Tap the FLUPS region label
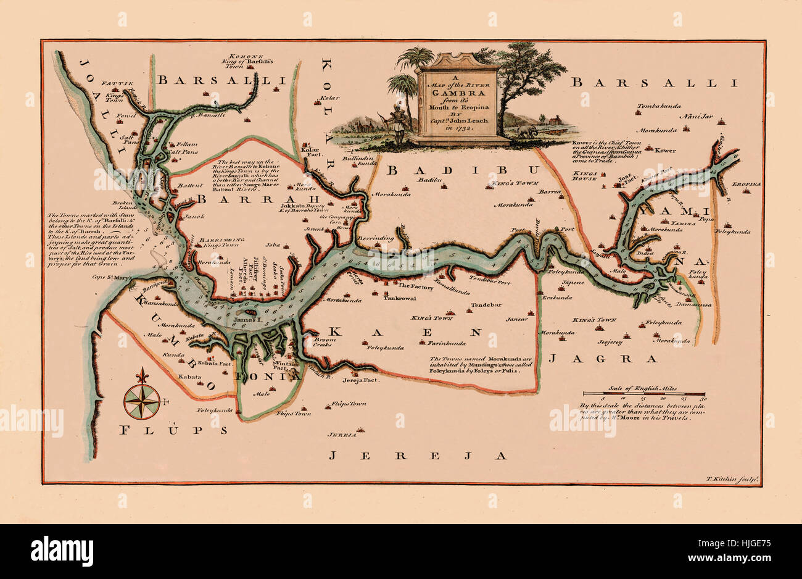173,430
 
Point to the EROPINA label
746,185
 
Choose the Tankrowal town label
400,298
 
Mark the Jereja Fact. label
360,380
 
